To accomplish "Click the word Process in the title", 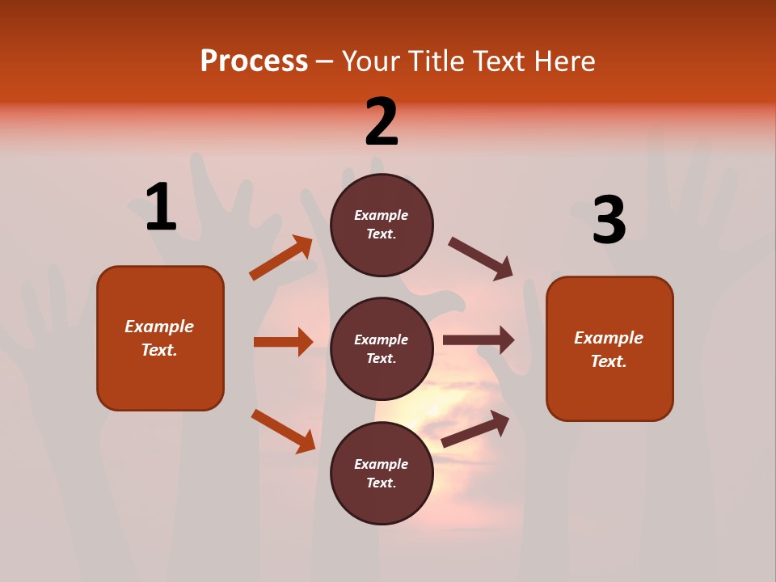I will (x=254, y=61).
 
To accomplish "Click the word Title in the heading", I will (x=436, y=61).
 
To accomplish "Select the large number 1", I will (x=161, y=207).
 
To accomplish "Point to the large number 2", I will (x=382, y=122).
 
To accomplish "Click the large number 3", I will (x=609, y=220).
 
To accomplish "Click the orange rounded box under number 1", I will (x=160, y=338).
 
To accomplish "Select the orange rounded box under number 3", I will (x=609, y=349).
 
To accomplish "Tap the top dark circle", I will (x=382, y=225).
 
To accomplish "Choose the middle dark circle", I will (x=382, y=349).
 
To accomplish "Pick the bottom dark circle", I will (x=382, y=474).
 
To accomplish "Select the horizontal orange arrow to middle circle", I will (x=283, y=342).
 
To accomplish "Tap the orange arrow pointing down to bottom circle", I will (x=283, y=431).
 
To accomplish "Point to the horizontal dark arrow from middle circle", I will (x=479, y=340).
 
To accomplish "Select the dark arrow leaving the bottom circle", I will (x=476, y=428).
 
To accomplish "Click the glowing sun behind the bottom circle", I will (x=453, y=404).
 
